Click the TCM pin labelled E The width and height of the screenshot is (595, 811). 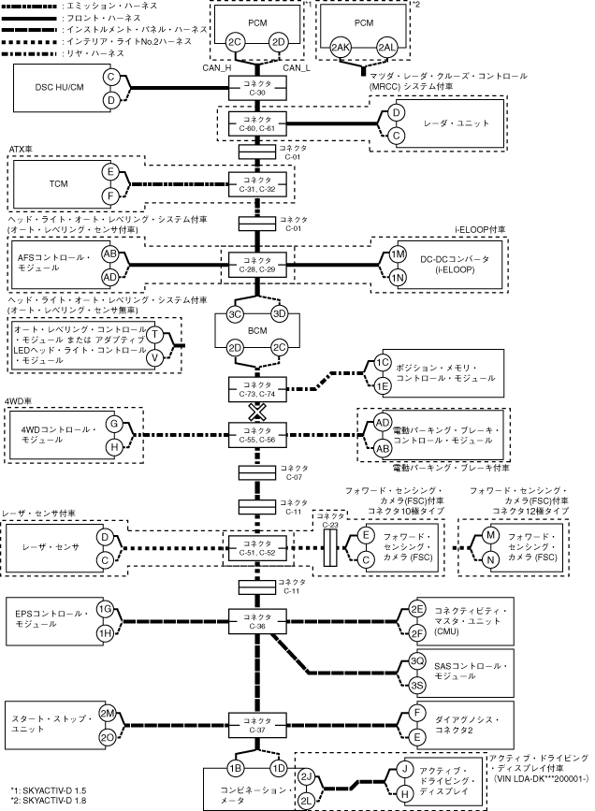(110, 172)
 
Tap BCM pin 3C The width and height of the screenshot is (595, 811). (235, 313)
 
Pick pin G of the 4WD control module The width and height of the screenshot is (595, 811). (113, 424)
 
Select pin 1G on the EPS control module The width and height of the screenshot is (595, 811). (106, 610)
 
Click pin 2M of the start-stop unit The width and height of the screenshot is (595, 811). (108, 713)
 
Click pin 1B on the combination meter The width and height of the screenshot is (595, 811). (235, 768)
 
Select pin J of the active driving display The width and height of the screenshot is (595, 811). (404, 769)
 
